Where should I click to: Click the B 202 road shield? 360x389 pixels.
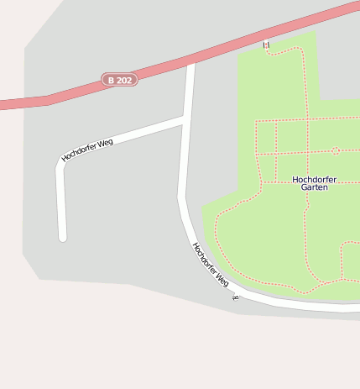tap(119, 80)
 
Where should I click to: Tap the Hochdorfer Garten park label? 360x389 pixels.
tap(314, 183)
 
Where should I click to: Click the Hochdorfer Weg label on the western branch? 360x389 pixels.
tap(87, 150)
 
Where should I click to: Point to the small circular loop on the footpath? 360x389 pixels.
tap(335, 151)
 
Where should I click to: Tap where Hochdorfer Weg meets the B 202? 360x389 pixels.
tap(191, 62)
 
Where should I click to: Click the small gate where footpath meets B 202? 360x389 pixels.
tap(267, 45)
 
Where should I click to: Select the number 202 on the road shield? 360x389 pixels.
tap(124, 80)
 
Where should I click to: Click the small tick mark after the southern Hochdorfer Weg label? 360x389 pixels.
tap(236, 297)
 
